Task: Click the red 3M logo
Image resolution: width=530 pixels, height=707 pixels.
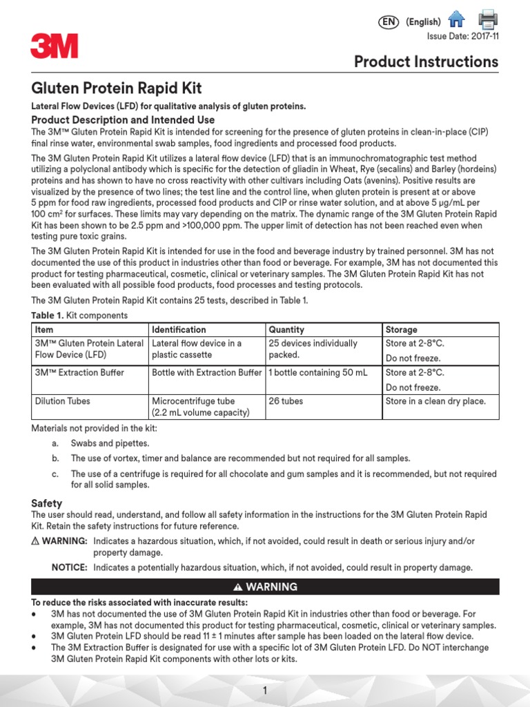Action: point(54,47)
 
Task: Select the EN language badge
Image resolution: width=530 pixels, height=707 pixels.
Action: point(389,22)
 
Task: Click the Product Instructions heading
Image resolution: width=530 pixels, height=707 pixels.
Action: point(426,61)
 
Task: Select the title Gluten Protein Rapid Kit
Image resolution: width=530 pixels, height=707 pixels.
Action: point(117,89)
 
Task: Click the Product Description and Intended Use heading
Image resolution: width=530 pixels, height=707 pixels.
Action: point(123,119)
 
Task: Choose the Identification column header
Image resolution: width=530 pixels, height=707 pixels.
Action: point(179,329)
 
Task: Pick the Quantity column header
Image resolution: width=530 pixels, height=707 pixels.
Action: point(286,329)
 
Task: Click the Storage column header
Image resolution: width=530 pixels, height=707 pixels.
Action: point(401,329)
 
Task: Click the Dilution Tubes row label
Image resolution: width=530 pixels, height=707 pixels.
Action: point(62,400)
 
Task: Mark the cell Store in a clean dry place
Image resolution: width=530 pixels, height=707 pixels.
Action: point(435,400)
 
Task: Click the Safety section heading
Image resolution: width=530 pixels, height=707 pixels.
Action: point(47,503)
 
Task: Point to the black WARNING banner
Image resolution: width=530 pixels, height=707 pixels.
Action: point(265,587)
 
